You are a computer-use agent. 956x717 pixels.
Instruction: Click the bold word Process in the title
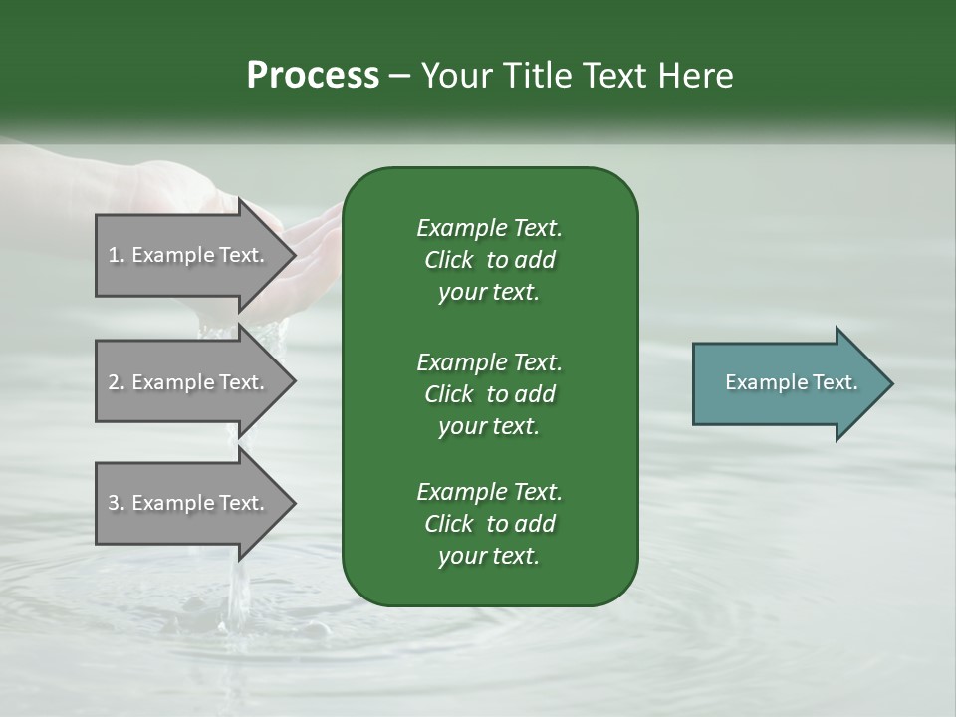tap(313, 76)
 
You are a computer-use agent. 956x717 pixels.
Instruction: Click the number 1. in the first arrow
tap(116, 255)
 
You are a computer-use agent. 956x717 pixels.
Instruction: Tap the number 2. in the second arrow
tap(117, 382)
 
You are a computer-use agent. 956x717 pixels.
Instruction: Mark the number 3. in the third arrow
tap(117, 503)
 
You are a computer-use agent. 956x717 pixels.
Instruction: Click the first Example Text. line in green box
tap(489, 228)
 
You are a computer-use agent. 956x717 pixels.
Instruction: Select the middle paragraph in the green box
tap(489, 393)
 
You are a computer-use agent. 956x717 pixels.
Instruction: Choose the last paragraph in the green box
tap(489, 524)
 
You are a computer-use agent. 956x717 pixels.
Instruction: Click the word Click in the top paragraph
tap(448, 260)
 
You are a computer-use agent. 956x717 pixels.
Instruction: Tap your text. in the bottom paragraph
tap(489, 557)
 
